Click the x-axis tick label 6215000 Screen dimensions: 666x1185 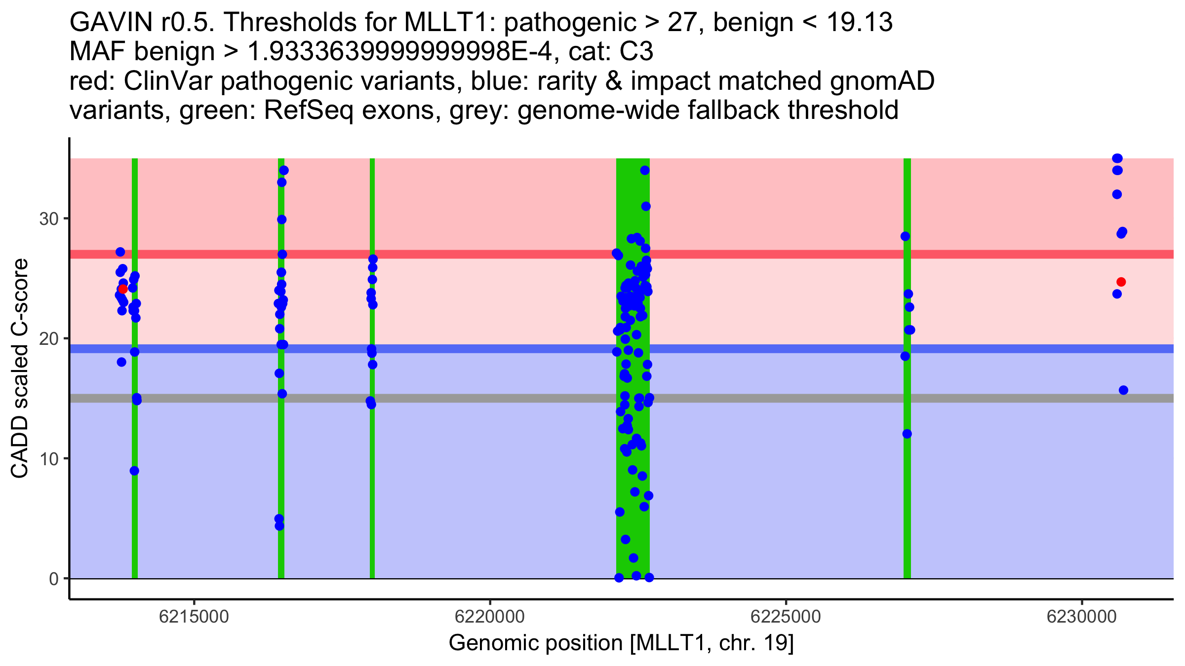click(x=194, y=617)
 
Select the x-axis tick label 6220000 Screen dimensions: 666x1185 click(x=490, y=617)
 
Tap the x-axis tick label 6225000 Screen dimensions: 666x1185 click(x=786, y=617)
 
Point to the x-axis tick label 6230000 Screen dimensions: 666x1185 click(x=1082, y=617)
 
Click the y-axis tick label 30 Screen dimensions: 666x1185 click(x=49, y=219)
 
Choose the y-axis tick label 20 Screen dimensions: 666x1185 click(x=49, y=339)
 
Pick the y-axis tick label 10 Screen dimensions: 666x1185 click(x=49, y=459)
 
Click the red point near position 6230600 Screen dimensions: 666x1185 click(x=1121, y=282)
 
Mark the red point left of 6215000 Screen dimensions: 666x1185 click(x=123, y=289)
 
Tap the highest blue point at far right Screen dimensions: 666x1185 click(x=1117, y=158)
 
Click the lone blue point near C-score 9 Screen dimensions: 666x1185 click(x=134, y=471)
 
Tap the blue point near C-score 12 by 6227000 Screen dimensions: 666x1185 click(x=907, y=434)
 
